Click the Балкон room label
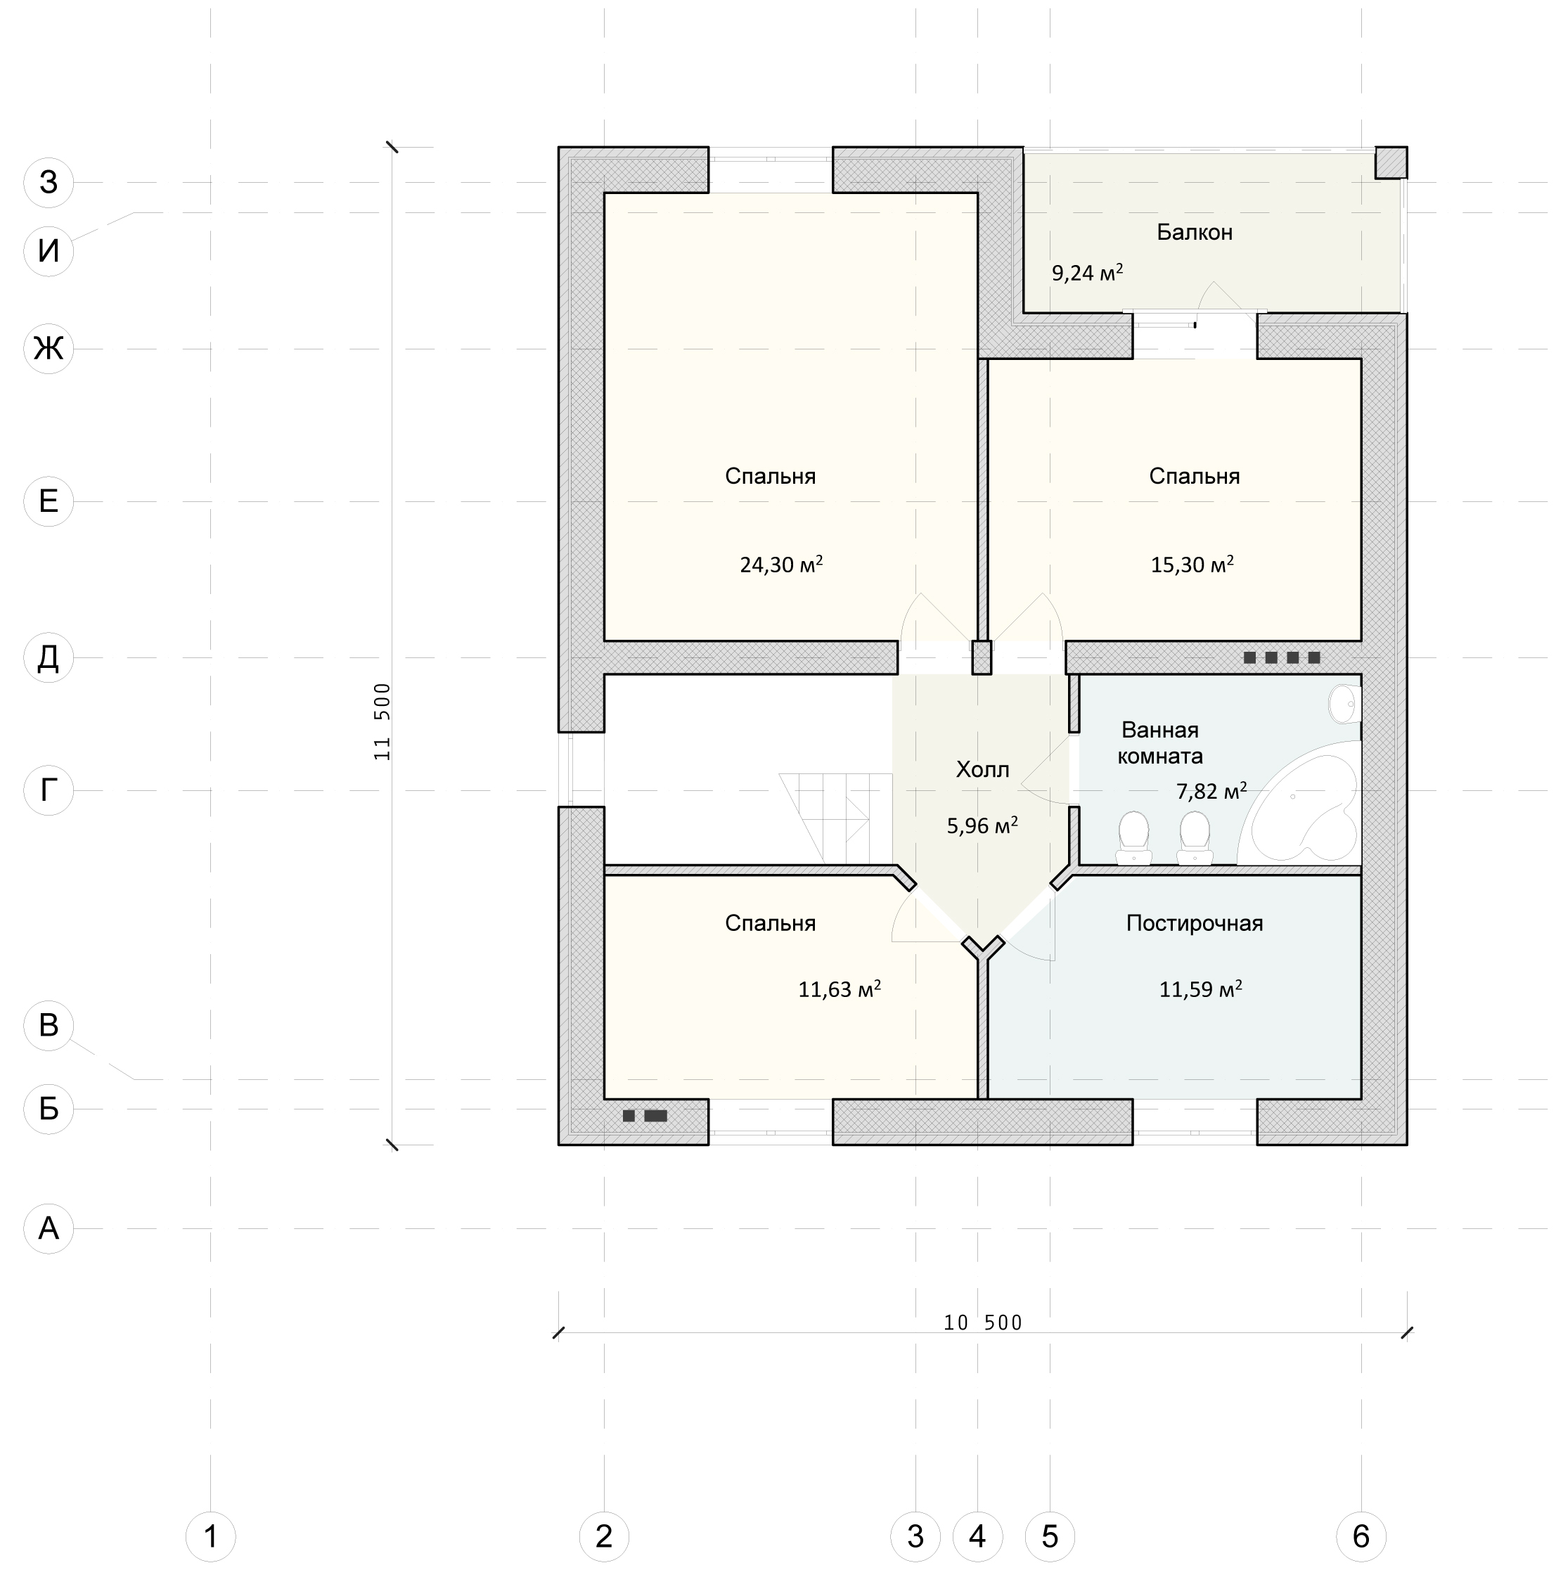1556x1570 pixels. coord(1195,233)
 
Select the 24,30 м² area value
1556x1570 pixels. coord(781,564)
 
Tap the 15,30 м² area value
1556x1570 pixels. coord(1192,564)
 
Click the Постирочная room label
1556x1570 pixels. coord(1195,923)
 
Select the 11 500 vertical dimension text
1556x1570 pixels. coord(382,721)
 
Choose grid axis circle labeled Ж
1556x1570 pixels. coord(49,349)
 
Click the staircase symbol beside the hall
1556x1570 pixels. coord(835,818)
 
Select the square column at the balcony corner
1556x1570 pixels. coord(1391,162)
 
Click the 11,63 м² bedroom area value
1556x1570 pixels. coord(840,989)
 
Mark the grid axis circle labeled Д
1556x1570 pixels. coord(49,657)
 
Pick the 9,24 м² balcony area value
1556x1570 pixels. coord(1087,272)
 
